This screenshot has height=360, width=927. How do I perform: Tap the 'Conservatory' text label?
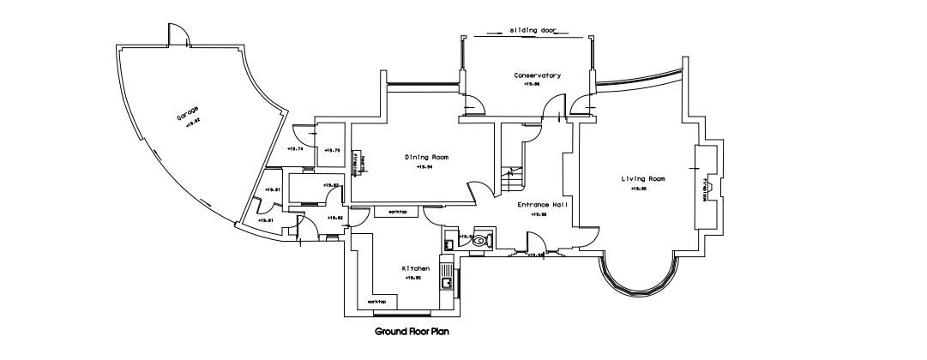point(537,75)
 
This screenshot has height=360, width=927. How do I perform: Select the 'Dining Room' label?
point(426,157)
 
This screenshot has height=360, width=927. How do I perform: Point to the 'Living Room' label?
point(643,178)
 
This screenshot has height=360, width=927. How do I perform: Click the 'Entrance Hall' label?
point(541,205)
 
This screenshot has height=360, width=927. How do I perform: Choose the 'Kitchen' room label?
point(415,268)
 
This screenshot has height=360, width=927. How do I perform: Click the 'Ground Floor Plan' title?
point(412,331)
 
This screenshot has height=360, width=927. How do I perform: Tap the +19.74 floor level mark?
point(296,149)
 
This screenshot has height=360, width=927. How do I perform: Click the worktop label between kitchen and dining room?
point(397,211)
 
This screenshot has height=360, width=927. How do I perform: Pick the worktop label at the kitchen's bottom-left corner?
point(376,302)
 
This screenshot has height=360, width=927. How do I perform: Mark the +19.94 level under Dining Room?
point(424,167)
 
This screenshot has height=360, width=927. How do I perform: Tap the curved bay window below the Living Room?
point(641,283)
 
